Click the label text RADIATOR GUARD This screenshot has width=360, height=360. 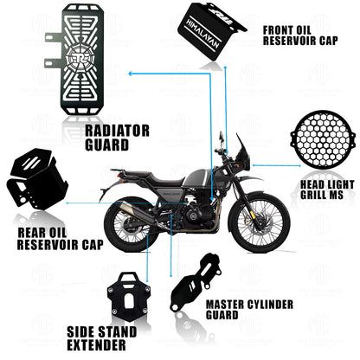118,138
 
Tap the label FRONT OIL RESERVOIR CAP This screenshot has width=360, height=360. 299,33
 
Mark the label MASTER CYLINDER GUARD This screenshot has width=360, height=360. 249,310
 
